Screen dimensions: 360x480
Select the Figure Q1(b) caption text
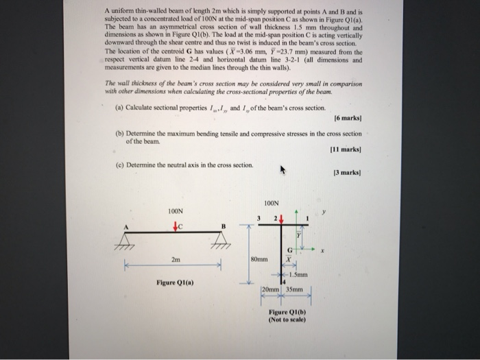pos(287,316)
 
